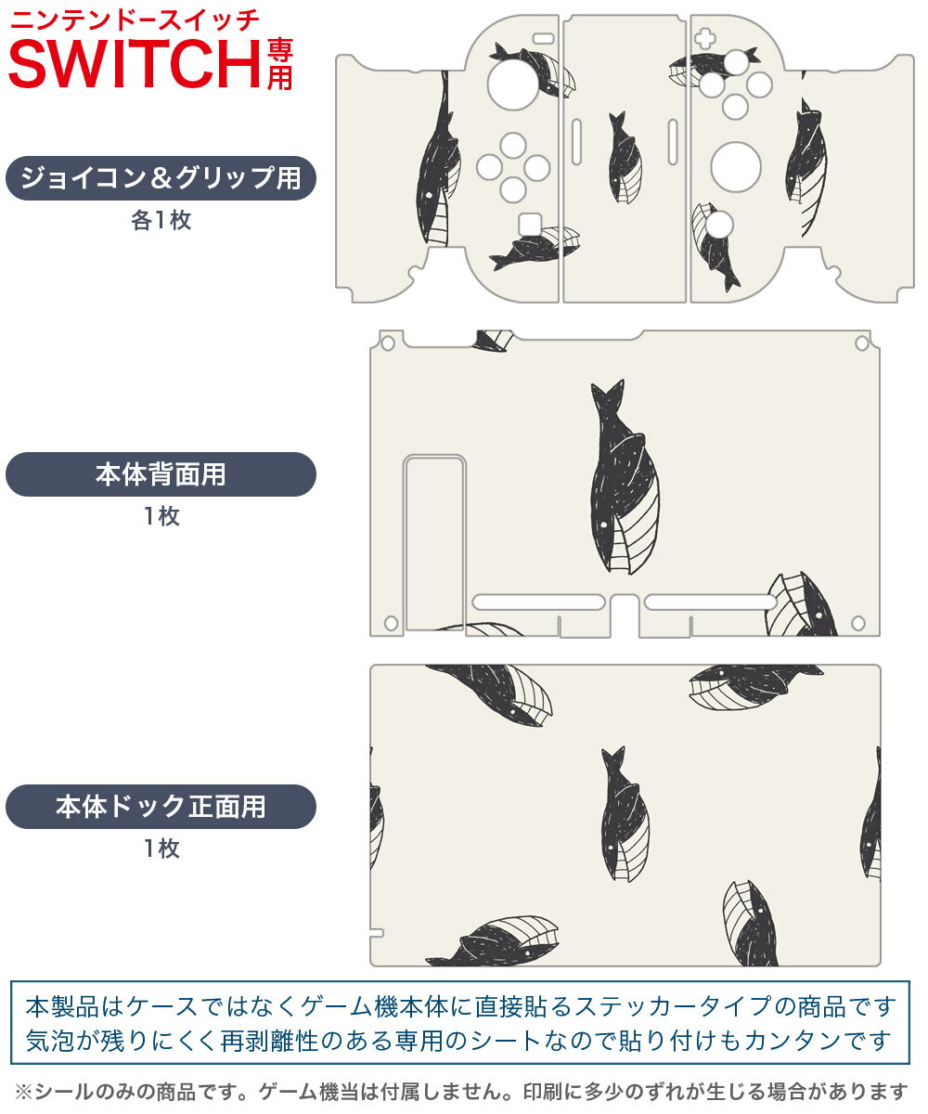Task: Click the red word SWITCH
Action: [x=135, y=64]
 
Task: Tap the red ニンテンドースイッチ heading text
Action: [x=135, y=20]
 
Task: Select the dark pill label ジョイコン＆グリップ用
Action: [x=161, y=178]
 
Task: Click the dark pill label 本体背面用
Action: [x=161, y=474]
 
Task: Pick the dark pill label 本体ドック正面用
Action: [x=161, y=806]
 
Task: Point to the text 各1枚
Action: [x=161, y=220]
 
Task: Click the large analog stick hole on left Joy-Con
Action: [x=513, y=84]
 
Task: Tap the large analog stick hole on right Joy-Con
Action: [x=736, y=167]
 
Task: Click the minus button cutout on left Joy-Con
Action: [x=544, y=38]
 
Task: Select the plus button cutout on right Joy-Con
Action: [x=704, y=38]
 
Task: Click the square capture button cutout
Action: [x=530, y=225]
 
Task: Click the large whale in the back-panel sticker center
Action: [x=624, y=477]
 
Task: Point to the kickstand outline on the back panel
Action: [x=435, y=543]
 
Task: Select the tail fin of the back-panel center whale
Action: [x=608, y=395]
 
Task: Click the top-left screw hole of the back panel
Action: [x=388, y=343]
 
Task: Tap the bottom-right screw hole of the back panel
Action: [x=858, y=623]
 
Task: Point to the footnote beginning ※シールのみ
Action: [x=461, y=1092]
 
